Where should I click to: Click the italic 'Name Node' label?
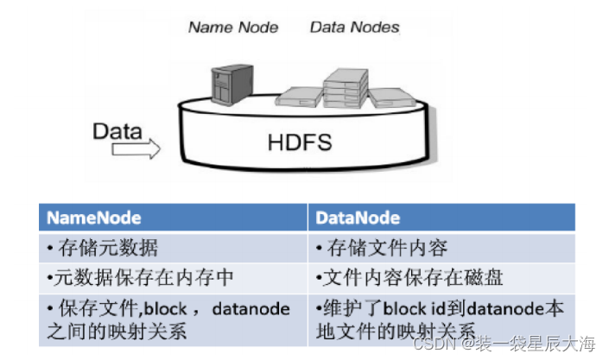pos(233,27)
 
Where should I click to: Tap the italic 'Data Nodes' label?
pos(355,27)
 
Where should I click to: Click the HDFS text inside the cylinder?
pos(300,142)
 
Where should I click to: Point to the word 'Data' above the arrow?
pos(117,131)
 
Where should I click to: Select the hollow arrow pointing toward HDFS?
pos(136,149)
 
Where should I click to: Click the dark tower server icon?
pos(232,85)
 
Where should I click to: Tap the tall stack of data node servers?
pos(346,88)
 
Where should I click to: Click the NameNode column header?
pos(93,218)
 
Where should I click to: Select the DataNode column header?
pos(358,218)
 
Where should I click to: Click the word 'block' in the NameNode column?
pos(166,309)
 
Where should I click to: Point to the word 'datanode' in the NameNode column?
pos(251,309)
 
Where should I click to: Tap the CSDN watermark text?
pos(504,344)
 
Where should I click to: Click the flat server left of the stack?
pos(299,97)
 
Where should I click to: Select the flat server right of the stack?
pos(391,98)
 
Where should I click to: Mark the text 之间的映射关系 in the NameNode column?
pos(117,332)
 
